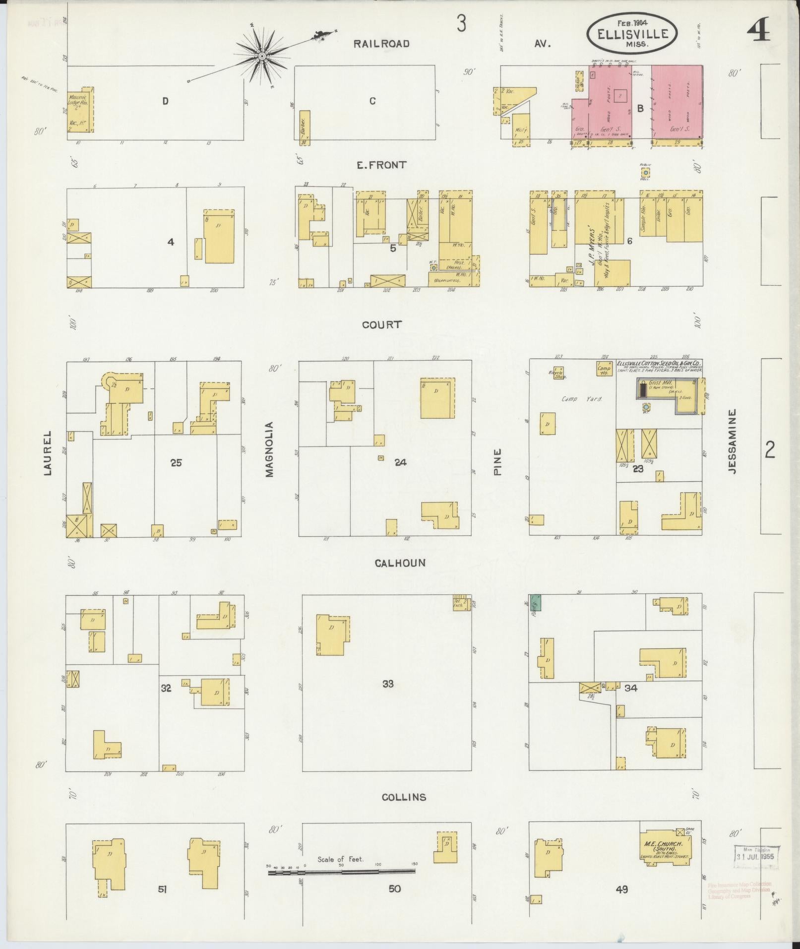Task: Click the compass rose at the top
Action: [x=261, y=56]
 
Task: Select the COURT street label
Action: [x=381, y=325]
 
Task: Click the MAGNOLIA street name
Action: [x=269, y=449]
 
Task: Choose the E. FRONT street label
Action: [x=381, y=165]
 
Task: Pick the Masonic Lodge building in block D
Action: [x=80, y=110]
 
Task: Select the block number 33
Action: [x=388, y=684]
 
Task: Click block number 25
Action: [x=176, y=463]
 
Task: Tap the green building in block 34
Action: [x=535, y=602]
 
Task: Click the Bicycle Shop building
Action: [x=558, y=373]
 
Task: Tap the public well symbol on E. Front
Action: [x=645, y=172]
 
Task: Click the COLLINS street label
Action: [x=404, y=798]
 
